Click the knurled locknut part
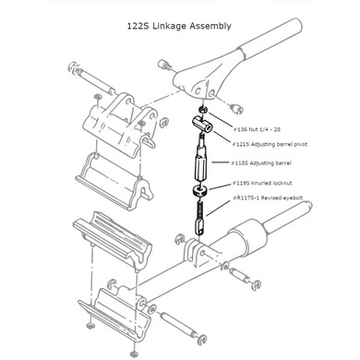[x=198, y=190]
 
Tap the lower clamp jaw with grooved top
[x=106, y=236]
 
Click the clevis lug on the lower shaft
[x=197, y=253]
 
